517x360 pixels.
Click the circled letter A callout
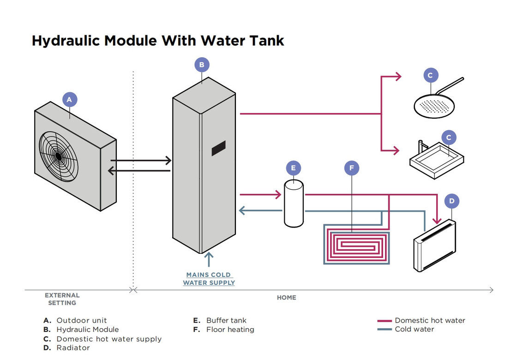coord(69,99)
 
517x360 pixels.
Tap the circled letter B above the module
coord(202,65)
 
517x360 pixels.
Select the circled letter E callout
coord(294,168)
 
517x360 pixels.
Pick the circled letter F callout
coord(352,168)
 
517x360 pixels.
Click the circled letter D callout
coord(452,201)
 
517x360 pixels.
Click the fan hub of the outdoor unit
coord(59,156)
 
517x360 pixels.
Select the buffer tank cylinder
coord(294,204)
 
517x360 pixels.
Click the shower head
coord(432,104)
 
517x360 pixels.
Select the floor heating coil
coord(356,245)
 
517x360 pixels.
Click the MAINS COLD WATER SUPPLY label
coord(209,279)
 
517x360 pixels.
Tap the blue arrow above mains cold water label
coord(209,259)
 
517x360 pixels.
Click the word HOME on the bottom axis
coord(286,298)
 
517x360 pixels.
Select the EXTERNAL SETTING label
coord(62,299)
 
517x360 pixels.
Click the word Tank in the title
coord(265,41)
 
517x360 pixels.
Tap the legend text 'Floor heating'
coord(230,330)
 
